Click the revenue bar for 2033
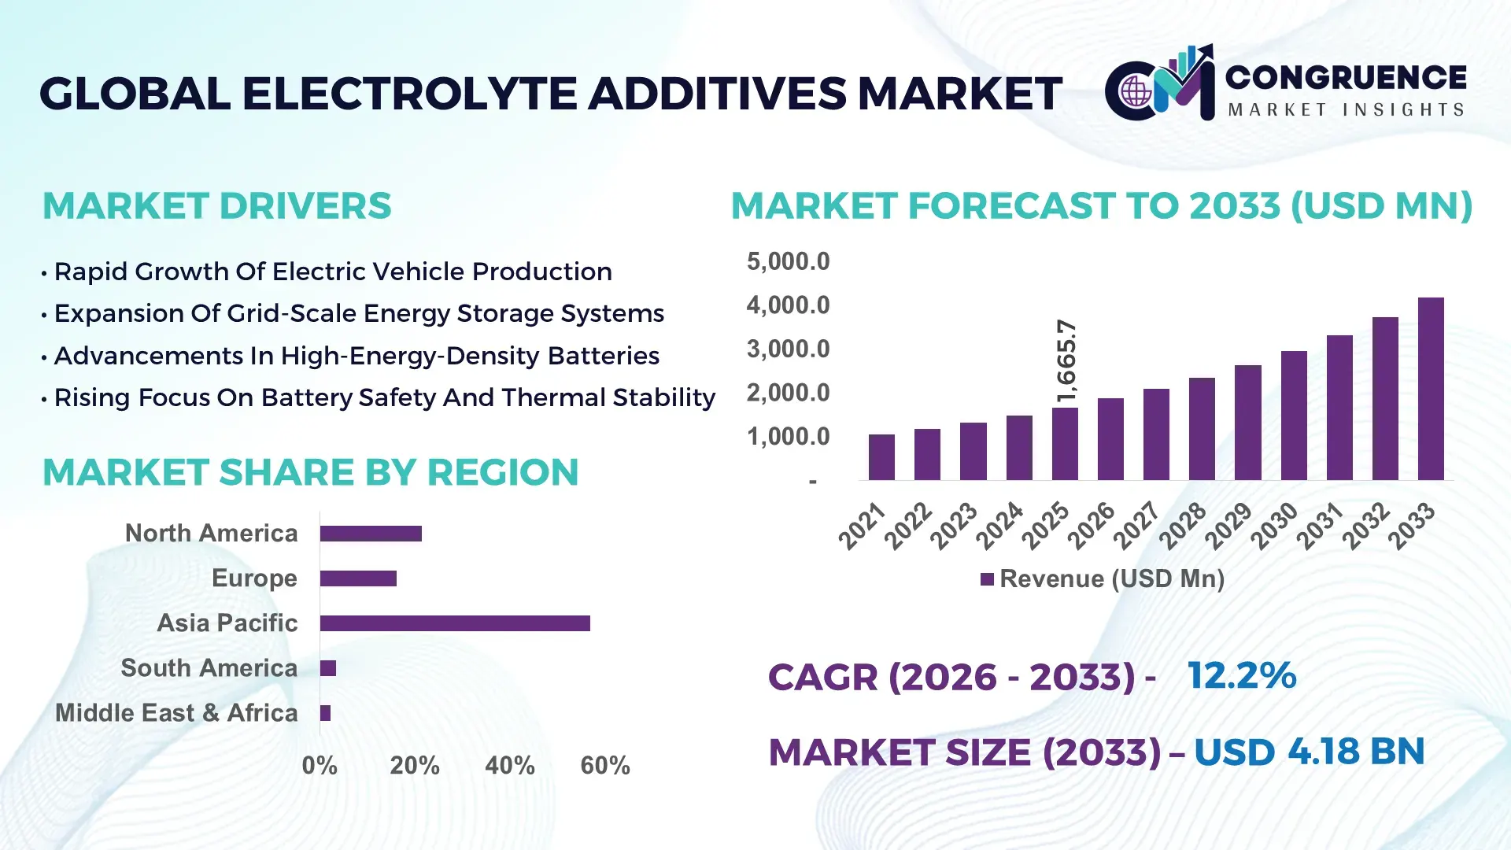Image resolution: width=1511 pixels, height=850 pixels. coord(1430,389)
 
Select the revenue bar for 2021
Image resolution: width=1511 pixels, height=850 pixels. coord(881,457)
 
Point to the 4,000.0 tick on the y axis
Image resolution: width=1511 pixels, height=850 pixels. coord(788,305)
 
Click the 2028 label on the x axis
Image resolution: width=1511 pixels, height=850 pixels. coord(1182,525)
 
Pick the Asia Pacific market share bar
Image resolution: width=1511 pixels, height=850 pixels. coord(455,623)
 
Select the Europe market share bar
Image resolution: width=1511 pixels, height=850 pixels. coord(358,578)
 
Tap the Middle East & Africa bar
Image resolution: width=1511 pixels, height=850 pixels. coord(325,713)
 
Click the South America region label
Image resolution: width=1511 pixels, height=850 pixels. coord(209,668)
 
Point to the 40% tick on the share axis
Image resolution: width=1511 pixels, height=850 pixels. coord(509,765)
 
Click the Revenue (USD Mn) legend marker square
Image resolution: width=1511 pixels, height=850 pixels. coord(987,579)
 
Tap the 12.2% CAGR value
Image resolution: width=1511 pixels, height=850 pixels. coord(1241,675)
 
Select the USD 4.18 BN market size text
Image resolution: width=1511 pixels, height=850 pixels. coord(1309,752)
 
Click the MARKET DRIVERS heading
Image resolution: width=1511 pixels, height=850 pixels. coord(216,206)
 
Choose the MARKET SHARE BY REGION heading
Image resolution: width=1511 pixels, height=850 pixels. coord(310,472)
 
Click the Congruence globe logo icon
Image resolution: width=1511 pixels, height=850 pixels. coord(1136,92)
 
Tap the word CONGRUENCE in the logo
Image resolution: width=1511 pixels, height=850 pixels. coord(1345,77)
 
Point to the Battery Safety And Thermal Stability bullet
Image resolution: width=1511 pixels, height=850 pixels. coord(384,397)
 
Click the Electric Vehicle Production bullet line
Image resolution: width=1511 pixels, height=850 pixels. coord(332,272)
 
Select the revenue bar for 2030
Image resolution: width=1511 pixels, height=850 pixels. coord(1293,416)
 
